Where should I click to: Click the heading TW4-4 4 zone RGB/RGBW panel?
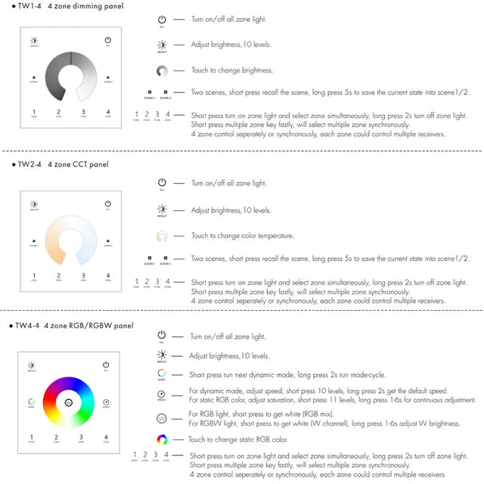pos(76,325)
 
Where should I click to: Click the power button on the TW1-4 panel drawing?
pos(108,41)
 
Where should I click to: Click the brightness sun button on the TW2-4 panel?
pos(33,204)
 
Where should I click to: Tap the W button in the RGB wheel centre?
pos(70,402)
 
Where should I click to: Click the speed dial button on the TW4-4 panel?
pos(107,402)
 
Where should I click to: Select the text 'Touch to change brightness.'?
pos(231,70)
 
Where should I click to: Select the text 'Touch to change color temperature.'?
pos(242,236)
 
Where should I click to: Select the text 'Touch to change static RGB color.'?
pos(237,439)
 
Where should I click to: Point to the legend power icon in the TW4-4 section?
pos(161,336)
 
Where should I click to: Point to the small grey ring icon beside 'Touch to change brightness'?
pos(162,71)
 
